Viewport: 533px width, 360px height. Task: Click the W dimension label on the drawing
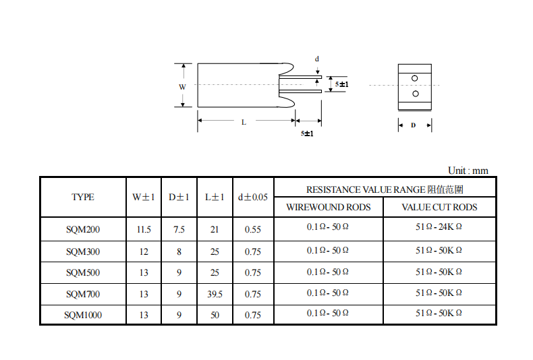pyautogui.click(x=183, y=87)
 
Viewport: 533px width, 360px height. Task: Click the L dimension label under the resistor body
pyautogui.click(x=244, y=122)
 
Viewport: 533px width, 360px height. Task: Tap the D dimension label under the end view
pyautogui.click(x=414, y=125)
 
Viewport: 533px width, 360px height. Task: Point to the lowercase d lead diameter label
pyautogui.click(x=317, y=59)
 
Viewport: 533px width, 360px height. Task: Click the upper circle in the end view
pyautogui.click(x=414, y=78)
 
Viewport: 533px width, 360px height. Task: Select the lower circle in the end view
pyautogui.click(x=416, y=94)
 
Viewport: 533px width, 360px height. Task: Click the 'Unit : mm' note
pyautogui.click(x=468, y=171)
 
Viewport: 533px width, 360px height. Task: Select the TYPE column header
pyautogui.click(x=83, y=197)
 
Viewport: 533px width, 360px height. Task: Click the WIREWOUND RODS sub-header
pyautogui.click(x=329, y=207)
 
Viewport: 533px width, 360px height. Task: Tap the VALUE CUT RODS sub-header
pyautogui.click(x=439, y=207)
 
